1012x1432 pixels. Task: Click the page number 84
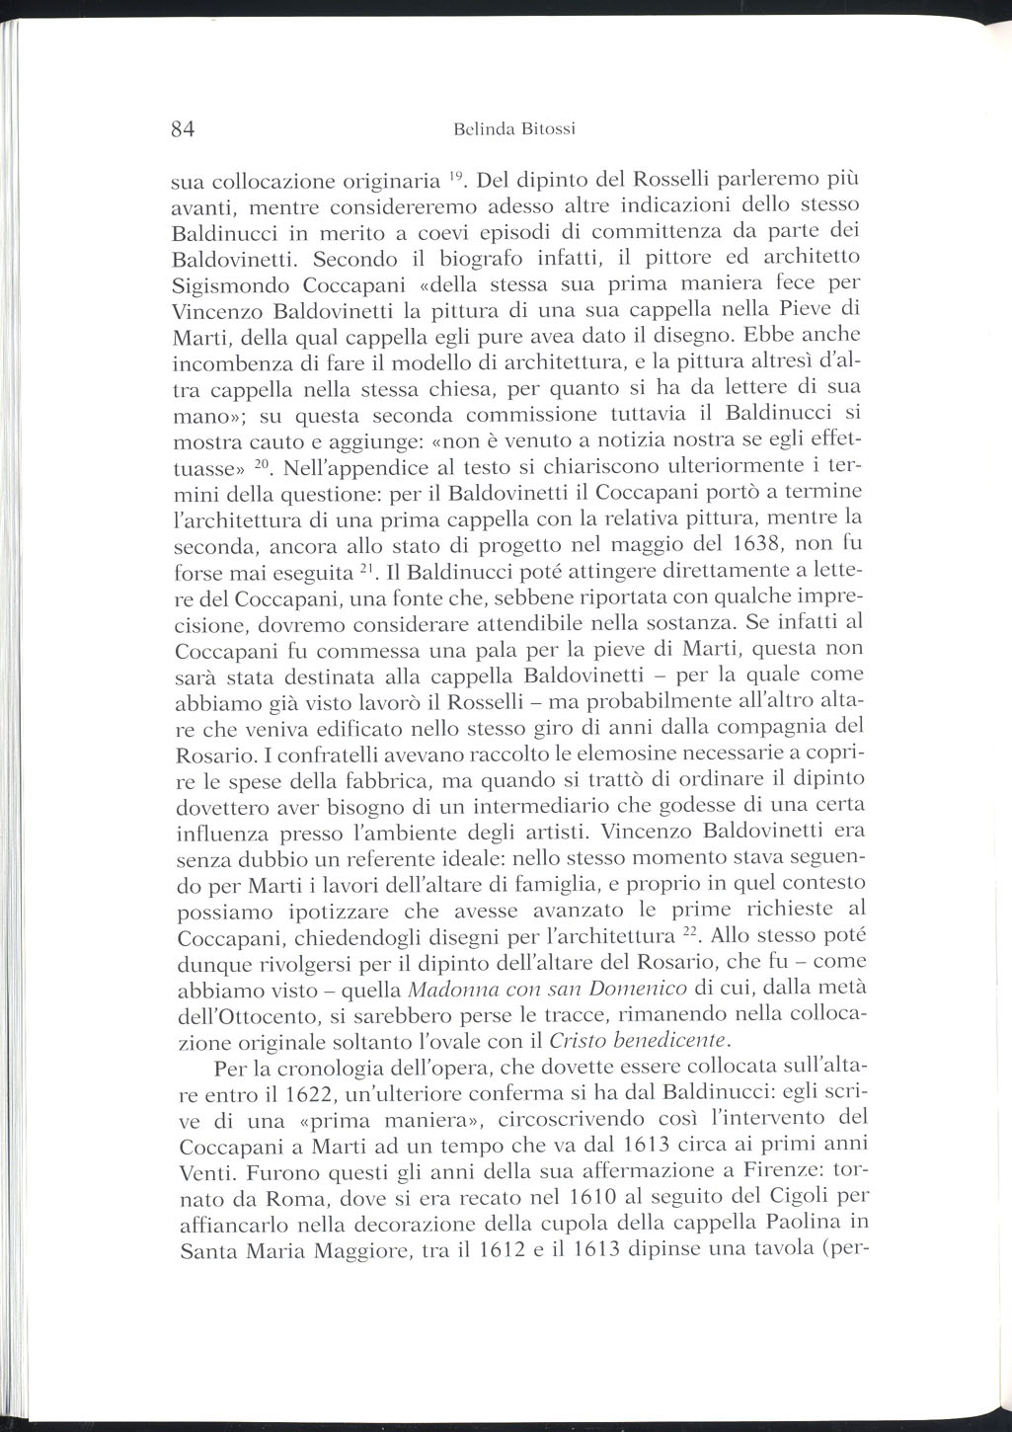pyautogui.click(x=186, y=128)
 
